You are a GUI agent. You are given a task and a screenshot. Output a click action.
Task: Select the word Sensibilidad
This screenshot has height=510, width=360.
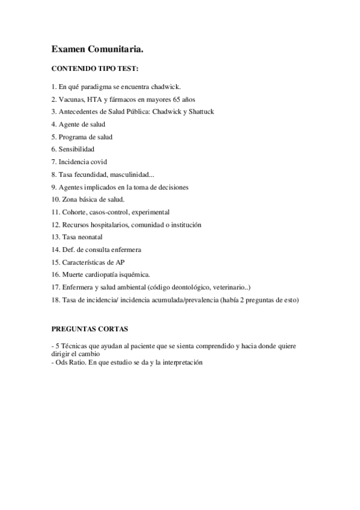coord(76,149)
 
